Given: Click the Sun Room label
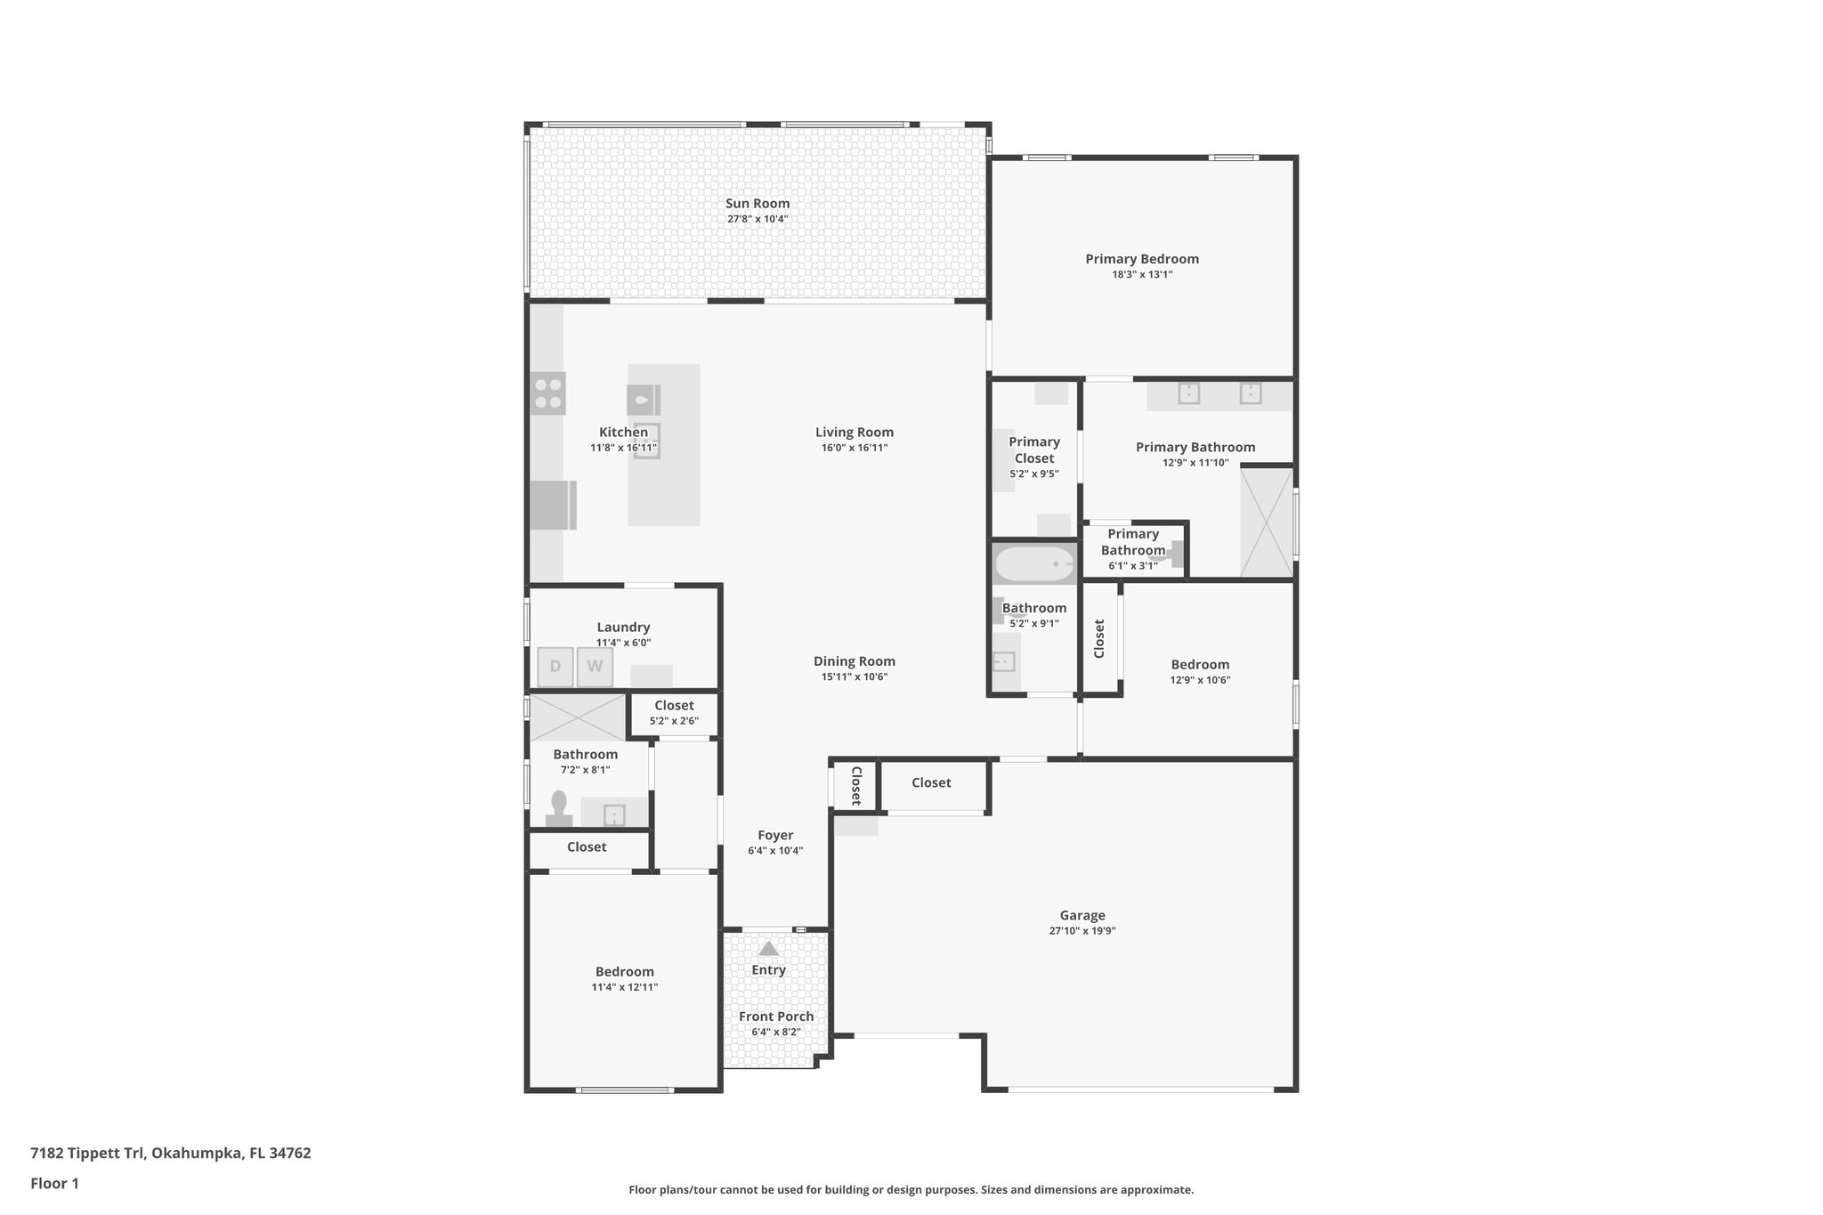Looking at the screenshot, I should [x=758, y=203].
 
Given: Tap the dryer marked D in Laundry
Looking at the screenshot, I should [x=555, y=667].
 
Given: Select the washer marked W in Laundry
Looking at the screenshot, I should [x=595, y=667].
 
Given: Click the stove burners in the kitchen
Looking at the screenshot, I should [x=547, y=393].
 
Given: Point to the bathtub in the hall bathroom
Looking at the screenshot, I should [x=1033, y=563].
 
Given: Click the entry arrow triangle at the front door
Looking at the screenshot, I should [x=768, y=949].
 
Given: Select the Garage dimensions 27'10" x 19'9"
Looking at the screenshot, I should [x=1082, y=931].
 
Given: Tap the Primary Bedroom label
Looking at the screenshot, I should [x=1141, y=259].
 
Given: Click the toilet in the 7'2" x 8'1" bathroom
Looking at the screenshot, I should [x=559, y=808].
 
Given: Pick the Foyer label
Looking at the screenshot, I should [x=775, y=835].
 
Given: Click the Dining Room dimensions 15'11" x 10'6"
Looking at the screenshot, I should [x=854, y=676].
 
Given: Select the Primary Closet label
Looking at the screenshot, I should [x=1033, y=450].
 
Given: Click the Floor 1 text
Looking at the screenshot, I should [x=54, y=1183].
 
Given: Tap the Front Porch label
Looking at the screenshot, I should [x=776, y=1017].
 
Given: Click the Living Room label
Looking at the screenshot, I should [x=854, y=433].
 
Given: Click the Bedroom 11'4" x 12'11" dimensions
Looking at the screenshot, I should [x=624, y=987].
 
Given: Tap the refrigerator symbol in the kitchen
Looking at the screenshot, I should [x=552, y=505].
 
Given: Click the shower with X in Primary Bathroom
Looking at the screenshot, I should [x=1267, y=522].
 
